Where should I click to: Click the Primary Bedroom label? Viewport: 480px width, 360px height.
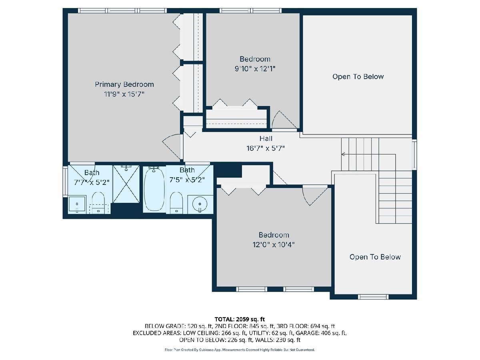(x=124, y=84)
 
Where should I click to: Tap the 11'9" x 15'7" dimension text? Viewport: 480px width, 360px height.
(x=124, y=94)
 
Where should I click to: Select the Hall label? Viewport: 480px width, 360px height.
(x=266, y=138)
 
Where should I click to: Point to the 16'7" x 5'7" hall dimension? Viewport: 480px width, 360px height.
(x=266, y=148)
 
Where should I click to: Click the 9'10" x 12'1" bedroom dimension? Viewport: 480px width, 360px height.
(x=255, y=69)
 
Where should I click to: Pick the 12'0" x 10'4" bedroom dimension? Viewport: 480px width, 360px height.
(x=274, y=244)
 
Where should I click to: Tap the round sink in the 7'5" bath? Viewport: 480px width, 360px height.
(x=200, y=204)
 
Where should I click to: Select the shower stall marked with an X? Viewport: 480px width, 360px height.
(x=126, y=184)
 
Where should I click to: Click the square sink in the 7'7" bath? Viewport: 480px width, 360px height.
(x=77, y=204)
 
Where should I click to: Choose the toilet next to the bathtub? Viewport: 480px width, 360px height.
(x=176, y=202)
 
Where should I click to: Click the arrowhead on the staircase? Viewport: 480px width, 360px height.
(x=343, y=154)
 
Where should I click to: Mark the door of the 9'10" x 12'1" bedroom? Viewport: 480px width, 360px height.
(x=285, y=120)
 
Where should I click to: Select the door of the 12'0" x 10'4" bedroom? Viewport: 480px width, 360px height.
(x=315, y=196)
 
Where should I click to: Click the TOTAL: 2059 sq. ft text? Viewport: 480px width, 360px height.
(x=240, y=319)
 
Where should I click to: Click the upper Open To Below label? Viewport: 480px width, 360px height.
(x=358, y=76)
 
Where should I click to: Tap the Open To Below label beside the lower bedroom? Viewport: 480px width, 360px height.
(x=375, y=257)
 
